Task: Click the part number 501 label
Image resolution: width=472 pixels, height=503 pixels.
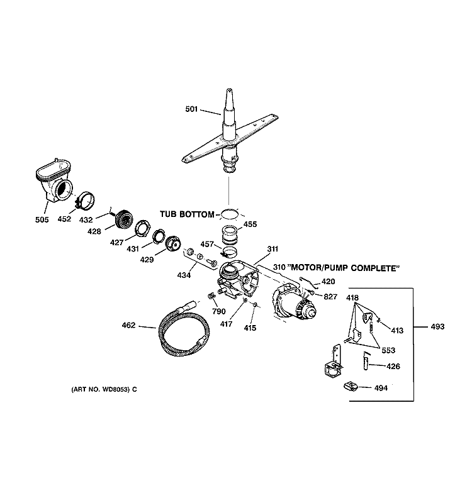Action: tap(192, 109)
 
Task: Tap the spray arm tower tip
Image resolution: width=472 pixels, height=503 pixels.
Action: tap(228, 94)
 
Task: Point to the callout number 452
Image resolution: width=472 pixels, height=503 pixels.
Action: tap(64, 220)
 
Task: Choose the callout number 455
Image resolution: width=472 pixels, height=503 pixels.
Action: tap(250, 223)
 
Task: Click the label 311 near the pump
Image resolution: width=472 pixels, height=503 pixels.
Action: tap(272, 250)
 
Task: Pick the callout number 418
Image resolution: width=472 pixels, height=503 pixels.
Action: tap(354, 297)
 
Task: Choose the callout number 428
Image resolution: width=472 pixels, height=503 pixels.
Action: tap(94, 232)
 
